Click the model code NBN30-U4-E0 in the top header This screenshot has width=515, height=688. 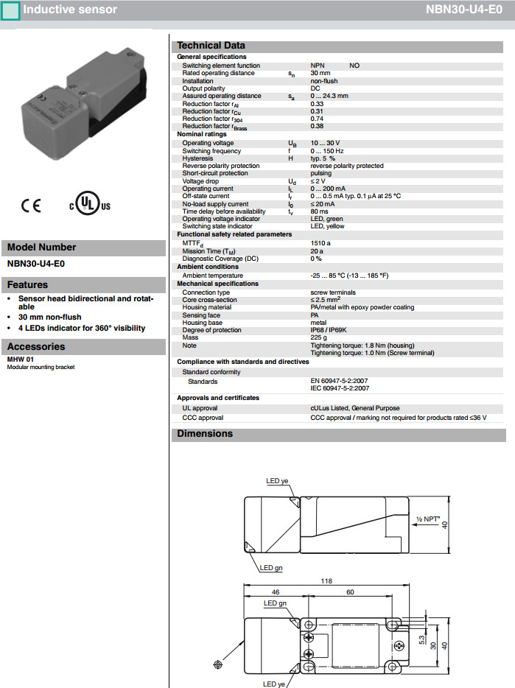click(x=464, y=10)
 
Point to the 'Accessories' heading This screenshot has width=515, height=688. click(x=36, y=347)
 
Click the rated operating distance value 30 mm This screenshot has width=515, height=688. click(x=320, y=74)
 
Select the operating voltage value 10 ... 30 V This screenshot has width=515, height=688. click(x=325, y=143)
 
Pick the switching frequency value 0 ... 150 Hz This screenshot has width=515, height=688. click(x=328, y=151)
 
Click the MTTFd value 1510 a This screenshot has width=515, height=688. click(x=320, y=243)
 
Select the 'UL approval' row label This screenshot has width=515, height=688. click(x=200, y=408)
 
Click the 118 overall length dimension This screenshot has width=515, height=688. click(x=326, y=581)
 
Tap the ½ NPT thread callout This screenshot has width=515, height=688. click(x=427, y=519)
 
